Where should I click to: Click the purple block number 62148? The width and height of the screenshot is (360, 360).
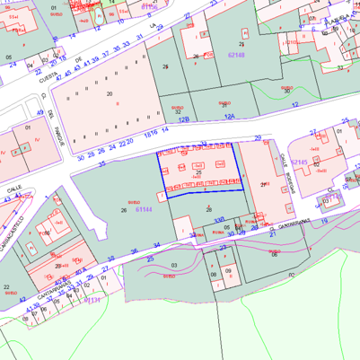tap(236, 55)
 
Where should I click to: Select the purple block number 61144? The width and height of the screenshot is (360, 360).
tap(143, 209)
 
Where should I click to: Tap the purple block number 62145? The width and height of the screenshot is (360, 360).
tap(299, 162)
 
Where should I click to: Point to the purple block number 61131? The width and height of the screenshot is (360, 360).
tap(92, 301)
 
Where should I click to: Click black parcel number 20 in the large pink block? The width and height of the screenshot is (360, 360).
tap(110, 93)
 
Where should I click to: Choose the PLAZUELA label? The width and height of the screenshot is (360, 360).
tap(338, 17)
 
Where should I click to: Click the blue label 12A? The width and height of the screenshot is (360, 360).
tap(229, 117)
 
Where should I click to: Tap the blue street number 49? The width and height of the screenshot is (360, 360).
tap(40, 112)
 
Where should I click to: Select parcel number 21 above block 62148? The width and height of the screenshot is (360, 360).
tap(241, 43)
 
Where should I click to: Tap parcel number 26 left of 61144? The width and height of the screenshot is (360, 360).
tap(124, 210)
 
